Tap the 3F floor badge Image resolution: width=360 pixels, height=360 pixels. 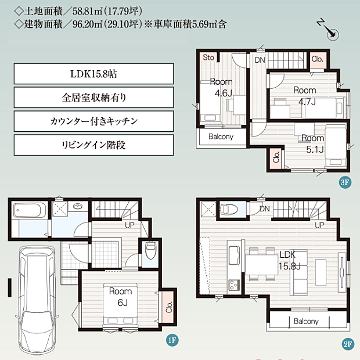pos(345,182)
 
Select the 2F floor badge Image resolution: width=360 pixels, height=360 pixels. pos(348,344)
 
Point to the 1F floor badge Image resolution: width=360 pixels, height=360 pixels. pos(172,340)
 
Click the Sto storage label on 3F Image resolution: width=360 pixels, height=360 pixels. pos(208,57)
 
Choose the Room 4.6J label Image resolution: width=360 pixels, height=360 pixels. pos(221,88)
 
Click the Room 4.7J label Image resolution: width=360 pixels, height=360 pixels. pos(305,95)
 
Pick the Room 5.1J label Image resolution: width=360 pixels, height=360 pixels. pos(313,144)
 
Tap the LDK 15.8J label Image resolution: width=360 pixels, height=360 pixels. pos(289,260)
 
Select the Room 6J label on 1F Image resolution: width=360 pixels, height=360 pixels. pos(121,297)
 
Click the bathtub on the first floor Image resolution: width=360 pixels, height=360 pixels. pos(27,210)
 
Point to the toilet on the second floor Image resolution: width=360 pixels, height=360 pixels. pos(229,209)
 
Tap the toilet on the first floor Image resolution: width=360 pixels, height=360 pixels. pos(150,250)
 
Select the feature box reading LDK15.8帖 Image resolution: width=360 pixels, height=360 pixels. pos(93,74)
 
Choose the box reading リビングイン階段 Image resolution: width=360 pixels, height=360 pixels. pos(93,145)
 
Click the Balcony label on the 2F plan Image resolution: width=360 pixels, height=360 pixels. pos(306,321)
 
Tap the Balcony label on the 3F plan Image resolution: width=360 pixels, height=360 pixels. pos(221,136)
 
